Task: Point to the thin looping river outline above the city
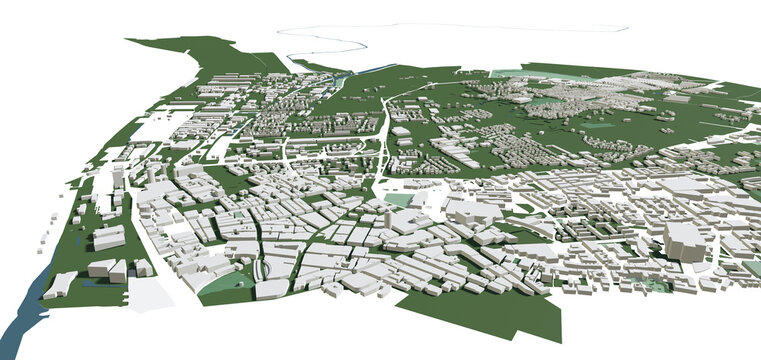click(x=330, y=42)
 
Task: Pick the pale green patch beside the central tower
click(x=399, y=200)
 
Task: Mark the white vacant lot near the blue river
click(x=150, y=292)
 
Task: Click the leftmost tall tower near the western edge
click(x=119, y=178)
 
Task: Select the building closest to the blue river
click(x=58, y=285)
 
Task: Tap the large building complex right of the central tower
click(x=470, y=212)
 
